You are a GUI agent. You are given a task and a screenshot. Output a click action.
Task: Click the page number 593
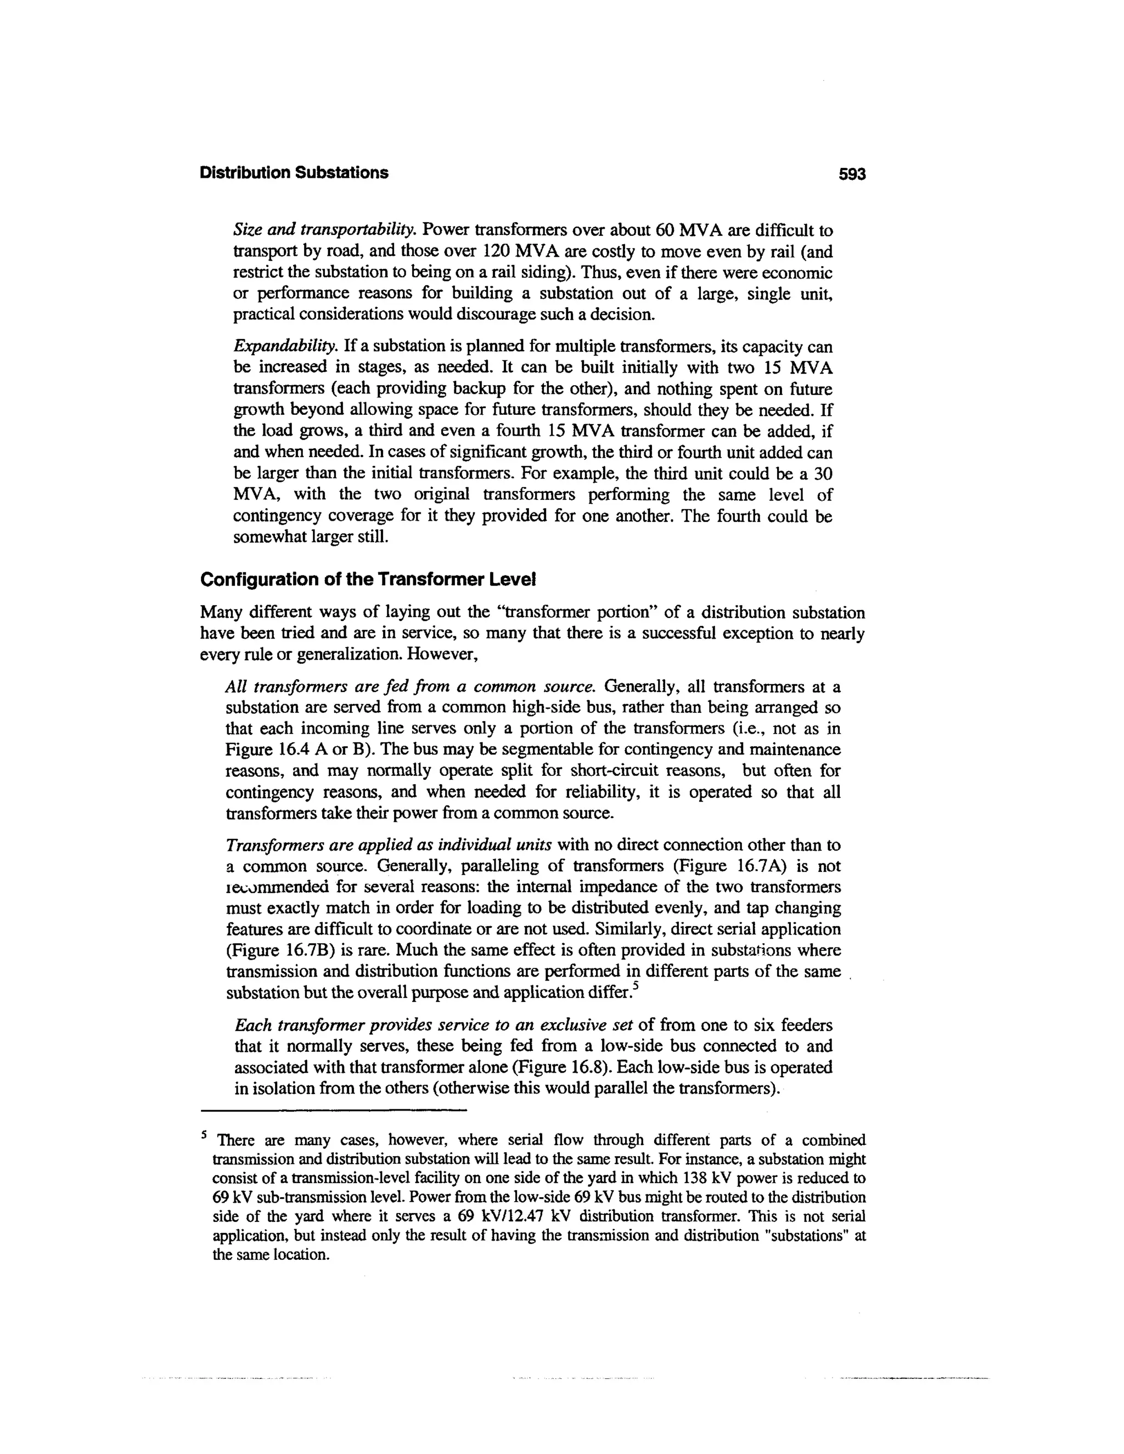852,174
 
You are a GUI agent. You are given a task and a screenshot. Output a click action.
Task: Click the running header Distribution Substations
294,173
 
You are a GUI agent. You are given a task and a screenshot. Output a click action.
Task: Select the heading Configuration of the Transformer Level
368,579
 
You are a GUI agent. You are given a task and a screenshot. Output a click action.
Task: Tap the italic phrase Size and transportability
325,230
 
